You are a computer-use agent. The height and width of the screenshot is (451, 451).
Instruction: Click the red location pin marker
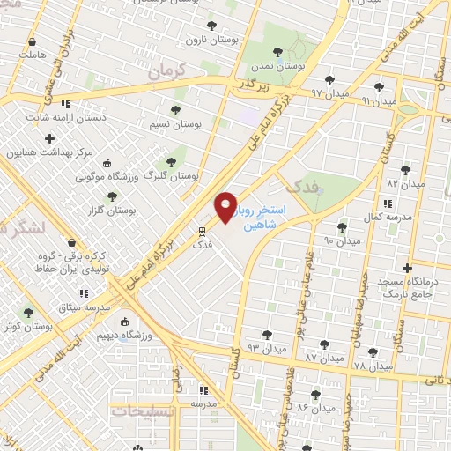225,207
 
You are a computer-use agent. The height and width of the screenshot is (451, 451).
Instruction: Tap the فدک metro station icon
202,233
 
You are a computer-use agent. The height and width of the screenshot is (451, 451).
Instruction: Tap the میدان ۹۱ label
378,100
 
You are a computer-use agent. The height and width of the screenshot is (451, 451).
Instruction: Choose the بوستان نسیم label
199,125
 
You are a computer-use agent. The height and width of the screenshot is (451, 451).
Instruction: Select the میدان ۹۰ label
342,240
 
